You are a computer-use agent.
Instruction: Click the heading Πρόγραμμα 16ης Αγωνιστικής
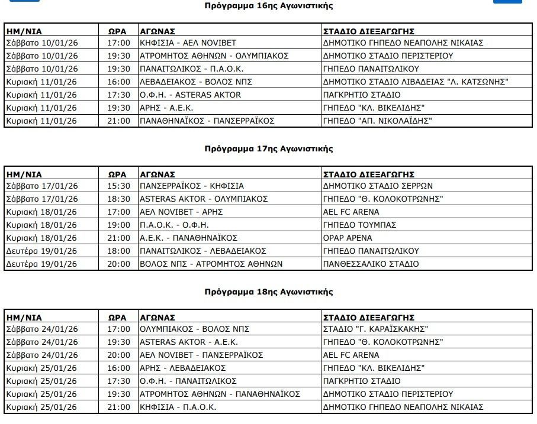268,6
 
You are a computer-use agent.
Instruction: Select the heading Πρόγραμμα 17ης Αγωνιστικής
268,149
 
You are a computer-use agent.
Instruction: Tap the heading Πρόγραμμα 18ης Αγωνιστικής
268,292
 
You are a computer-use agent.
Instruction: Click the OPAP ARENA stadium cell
348,238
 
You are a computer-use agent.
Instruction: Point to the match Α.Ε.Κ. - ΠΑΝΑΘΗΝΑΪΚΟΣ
188,238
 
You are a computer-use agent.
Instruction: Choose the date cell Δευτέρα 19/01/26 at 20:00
41,264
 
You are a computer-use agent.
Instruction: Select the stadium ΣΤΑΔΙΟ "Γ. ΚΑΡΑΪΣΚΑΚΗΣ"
375,329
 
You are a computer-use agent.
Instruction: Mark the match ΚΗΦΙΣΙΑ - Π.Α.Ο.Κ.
178,407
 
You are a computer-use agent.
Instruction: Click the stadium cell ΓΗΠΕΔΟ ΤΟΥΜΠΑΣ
359,225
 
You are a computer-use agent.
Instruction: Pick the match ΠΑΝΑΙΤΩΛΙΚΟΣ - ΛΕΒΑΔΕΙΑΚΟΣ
202,251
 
